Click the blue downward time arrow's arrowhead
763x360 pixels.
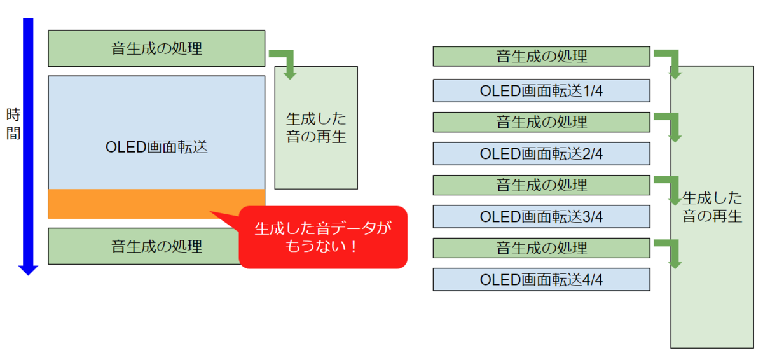(28, 270)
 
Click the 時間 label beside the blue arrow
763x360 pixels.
(13, 124)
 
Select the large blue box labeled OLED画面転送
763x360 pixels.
(156, 132)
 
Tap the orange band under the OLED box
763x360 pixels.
(156, 204)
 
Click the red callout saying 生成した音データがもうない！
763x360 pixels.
(323, 237)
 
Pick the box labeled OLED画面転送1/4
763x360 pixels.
(541, 90)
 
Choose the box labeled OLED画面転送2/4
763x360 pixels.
(541, 154)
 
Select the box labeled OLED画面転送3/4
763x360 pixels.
(541, 217)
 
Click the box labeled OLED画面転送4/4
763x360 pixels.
(541, 280)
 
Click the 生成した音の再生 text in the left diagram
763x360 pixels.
(316, 128)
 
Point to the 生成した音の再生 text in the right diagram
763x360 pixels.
(712, 207)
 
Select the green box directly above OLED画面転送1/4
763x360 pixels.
(541, 56)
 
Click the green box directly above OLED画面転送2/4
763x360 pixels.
(541, 122)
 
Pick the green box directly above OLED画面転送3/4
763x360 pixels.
(541, 185)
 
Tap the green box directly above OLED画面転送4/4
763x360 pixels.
(541, 248)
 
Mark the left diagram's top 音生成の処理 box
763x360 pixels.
(156, 48)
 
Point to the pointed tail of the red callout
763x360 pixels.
(210, 212)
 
